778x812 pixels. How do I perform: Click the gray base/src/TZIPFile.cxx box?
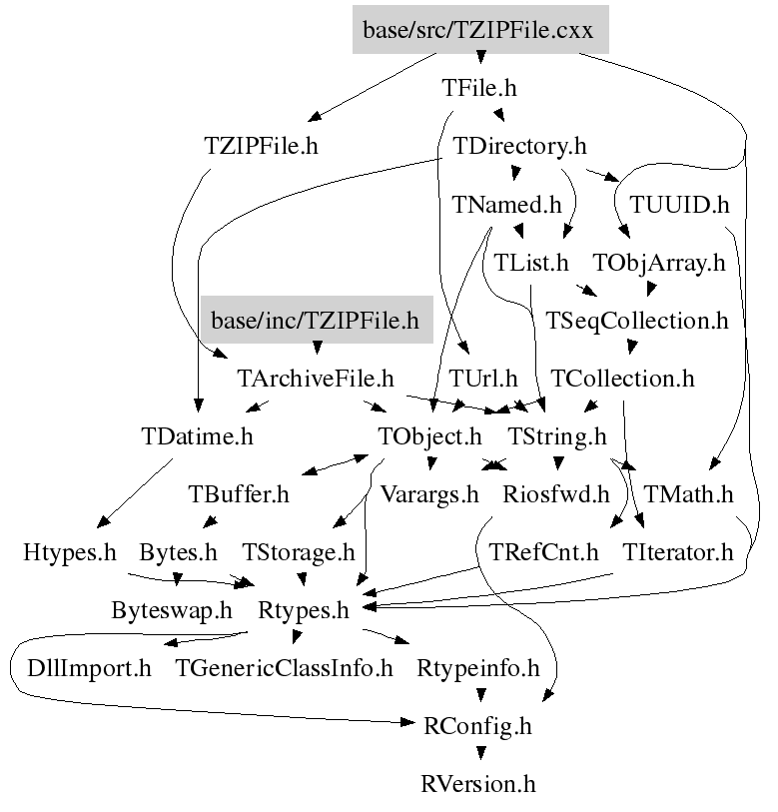[478, 30]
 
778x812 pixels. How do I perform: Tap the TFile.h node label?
[479, 88]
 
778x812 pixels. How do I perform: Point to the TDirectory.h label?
[519, 146]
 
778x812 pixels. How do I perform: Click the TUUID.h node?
[679, 205]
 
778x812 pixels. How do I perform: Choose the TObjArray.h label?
[658, 263]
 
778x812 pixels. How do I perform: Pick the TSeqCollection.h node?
[637, 321]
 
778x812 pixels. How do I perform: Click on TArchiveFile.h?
[316, 379]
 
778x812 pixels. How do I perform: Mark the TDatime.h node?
[198, 436]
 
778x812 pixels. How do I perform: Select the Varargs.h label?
[430, 494]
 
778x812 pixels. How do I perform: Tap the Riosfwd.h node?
[556, 494]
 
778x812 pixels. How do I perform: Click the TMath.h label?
[689, 494]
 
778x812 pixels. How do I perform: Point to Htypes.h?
[70, 552]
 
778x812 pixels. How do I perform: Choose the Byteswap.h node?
[172, 610]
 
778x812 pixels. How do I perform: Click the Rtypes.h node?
[304, 610]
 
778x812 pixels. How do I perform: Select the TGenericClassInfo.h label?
[285, 668]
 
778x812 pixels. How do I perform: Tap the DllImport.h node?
[89, 668]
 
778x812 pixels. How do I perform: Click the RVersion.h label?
[478, 784]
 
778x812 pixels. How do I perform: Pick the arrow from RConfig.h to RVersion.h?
[478, 755]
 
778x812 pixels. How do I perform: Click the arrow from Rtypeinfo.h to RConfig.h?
[478, 697]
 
